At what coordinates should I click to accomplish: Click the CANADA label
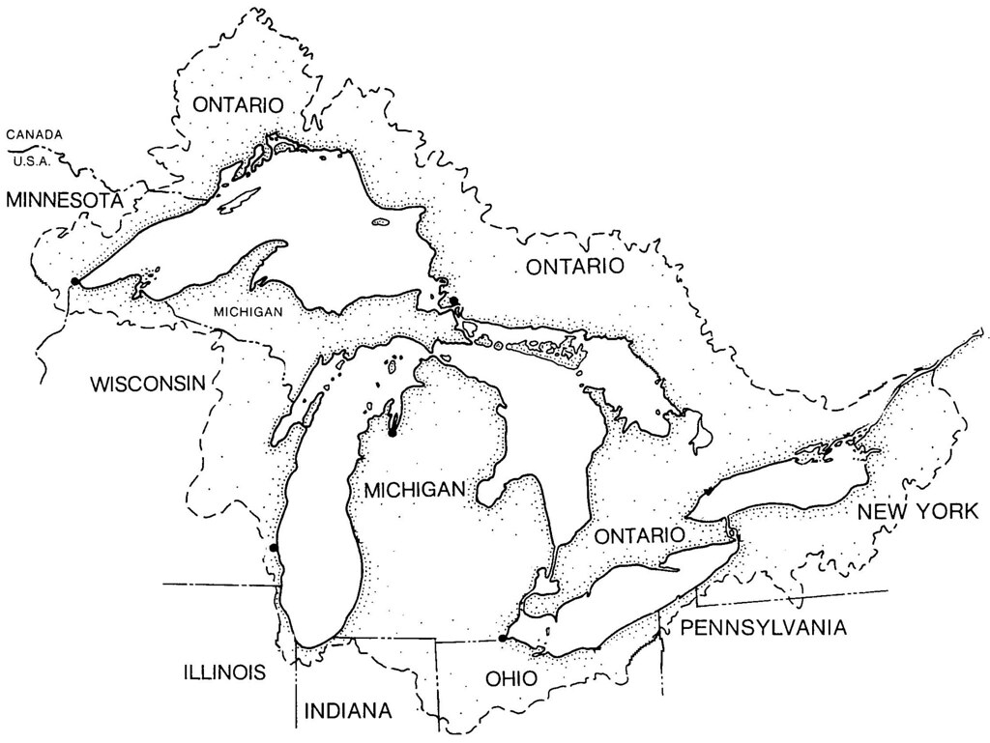(x=35, y=134)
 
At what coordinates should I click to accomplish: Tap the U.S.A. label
(x=35, y=160)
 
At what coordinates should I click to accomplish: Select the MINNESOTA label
(x=64, y=200)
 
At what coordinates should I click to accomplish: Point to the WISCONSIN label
(x=148, y=384)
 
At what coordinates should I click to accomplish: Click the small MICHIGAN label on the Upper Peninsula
(x=248, y=312)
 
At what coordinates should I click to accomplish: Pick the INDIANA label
(x=348, y=711)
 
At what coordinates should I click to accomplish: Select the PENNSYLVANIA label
(x=764, y=628)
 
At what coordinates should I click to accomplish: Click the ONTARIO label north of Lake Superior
(x=237, y=104)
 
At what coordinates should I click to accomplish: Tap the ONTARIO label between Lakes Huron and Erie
(x=640, y=534)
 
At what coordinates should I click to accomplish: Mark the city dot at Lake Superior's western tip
(x=74, y=281)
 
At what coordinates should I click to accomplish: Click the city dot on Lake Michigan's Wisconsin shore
(x=274, y=548)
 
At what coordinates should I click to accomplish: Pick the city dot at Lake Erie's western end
(x=501, y=638)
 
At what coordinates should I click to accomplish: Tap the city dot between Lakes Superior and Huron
(x=452, y=301)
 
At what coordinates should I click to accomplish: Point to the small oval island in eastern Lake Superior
(x=379, y=225)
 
